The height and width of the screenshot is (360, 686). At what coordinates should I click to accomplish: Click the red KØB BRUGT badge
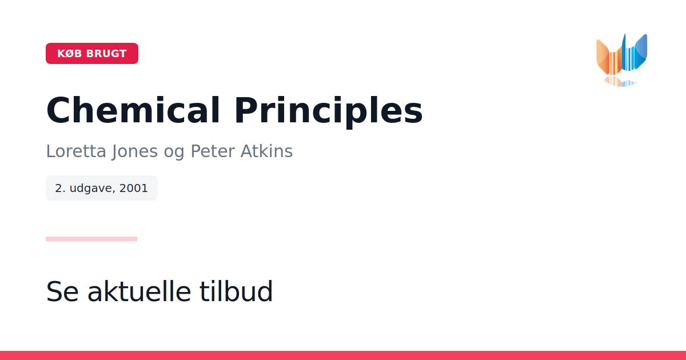(x=92, y=53)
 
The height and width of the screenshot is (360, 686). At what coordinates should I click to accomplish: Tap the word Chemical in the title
(x=133, y=110)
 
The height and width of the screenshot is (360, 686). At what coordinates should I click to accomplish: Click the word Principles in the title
(x=329, y=112)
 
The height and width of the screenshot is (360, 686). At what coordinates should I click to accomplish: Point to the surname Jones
(x=134, y=151)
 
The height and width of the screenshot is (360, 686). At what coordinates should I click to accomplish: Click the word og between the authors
(x=174, y=153)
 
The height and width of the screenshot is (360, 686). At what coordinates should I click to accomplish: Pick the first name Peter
(x=213, y=151)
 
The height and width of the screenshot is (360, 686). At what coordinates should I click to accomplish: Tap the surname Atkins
(x=266, y=151)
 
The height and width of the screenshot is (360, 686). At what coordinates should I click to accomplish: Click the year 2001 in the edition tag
(x=134, y=188)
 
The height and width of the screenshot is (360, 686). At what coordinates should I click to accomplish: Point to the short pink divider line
(x=91, y=239)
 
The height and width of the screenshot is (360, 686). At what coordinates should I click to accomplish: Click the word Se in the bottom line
(x=62, y=291)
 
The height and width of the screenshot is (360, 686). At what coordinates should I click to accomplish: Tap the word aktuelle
(x=139, y=291)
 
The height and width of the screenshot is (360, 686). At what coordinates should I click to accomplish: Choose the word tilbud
(x=236, y=291)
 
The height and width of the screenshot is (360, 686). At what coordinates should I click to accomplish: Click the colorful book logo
(x=622, y=60)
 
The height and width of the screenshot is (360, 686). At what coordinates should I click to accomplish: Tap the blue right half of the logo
(x=635, y=52)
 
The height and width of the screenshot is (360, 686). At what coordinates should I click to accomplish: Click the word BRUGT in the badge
(x=106, y=54)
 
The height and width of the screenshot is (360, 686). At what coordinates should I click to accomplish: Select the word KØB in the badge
(x=70, y=54)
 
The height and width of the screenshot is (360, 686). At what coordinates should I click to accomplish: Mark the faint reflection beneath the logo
(x=620, y=82)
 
